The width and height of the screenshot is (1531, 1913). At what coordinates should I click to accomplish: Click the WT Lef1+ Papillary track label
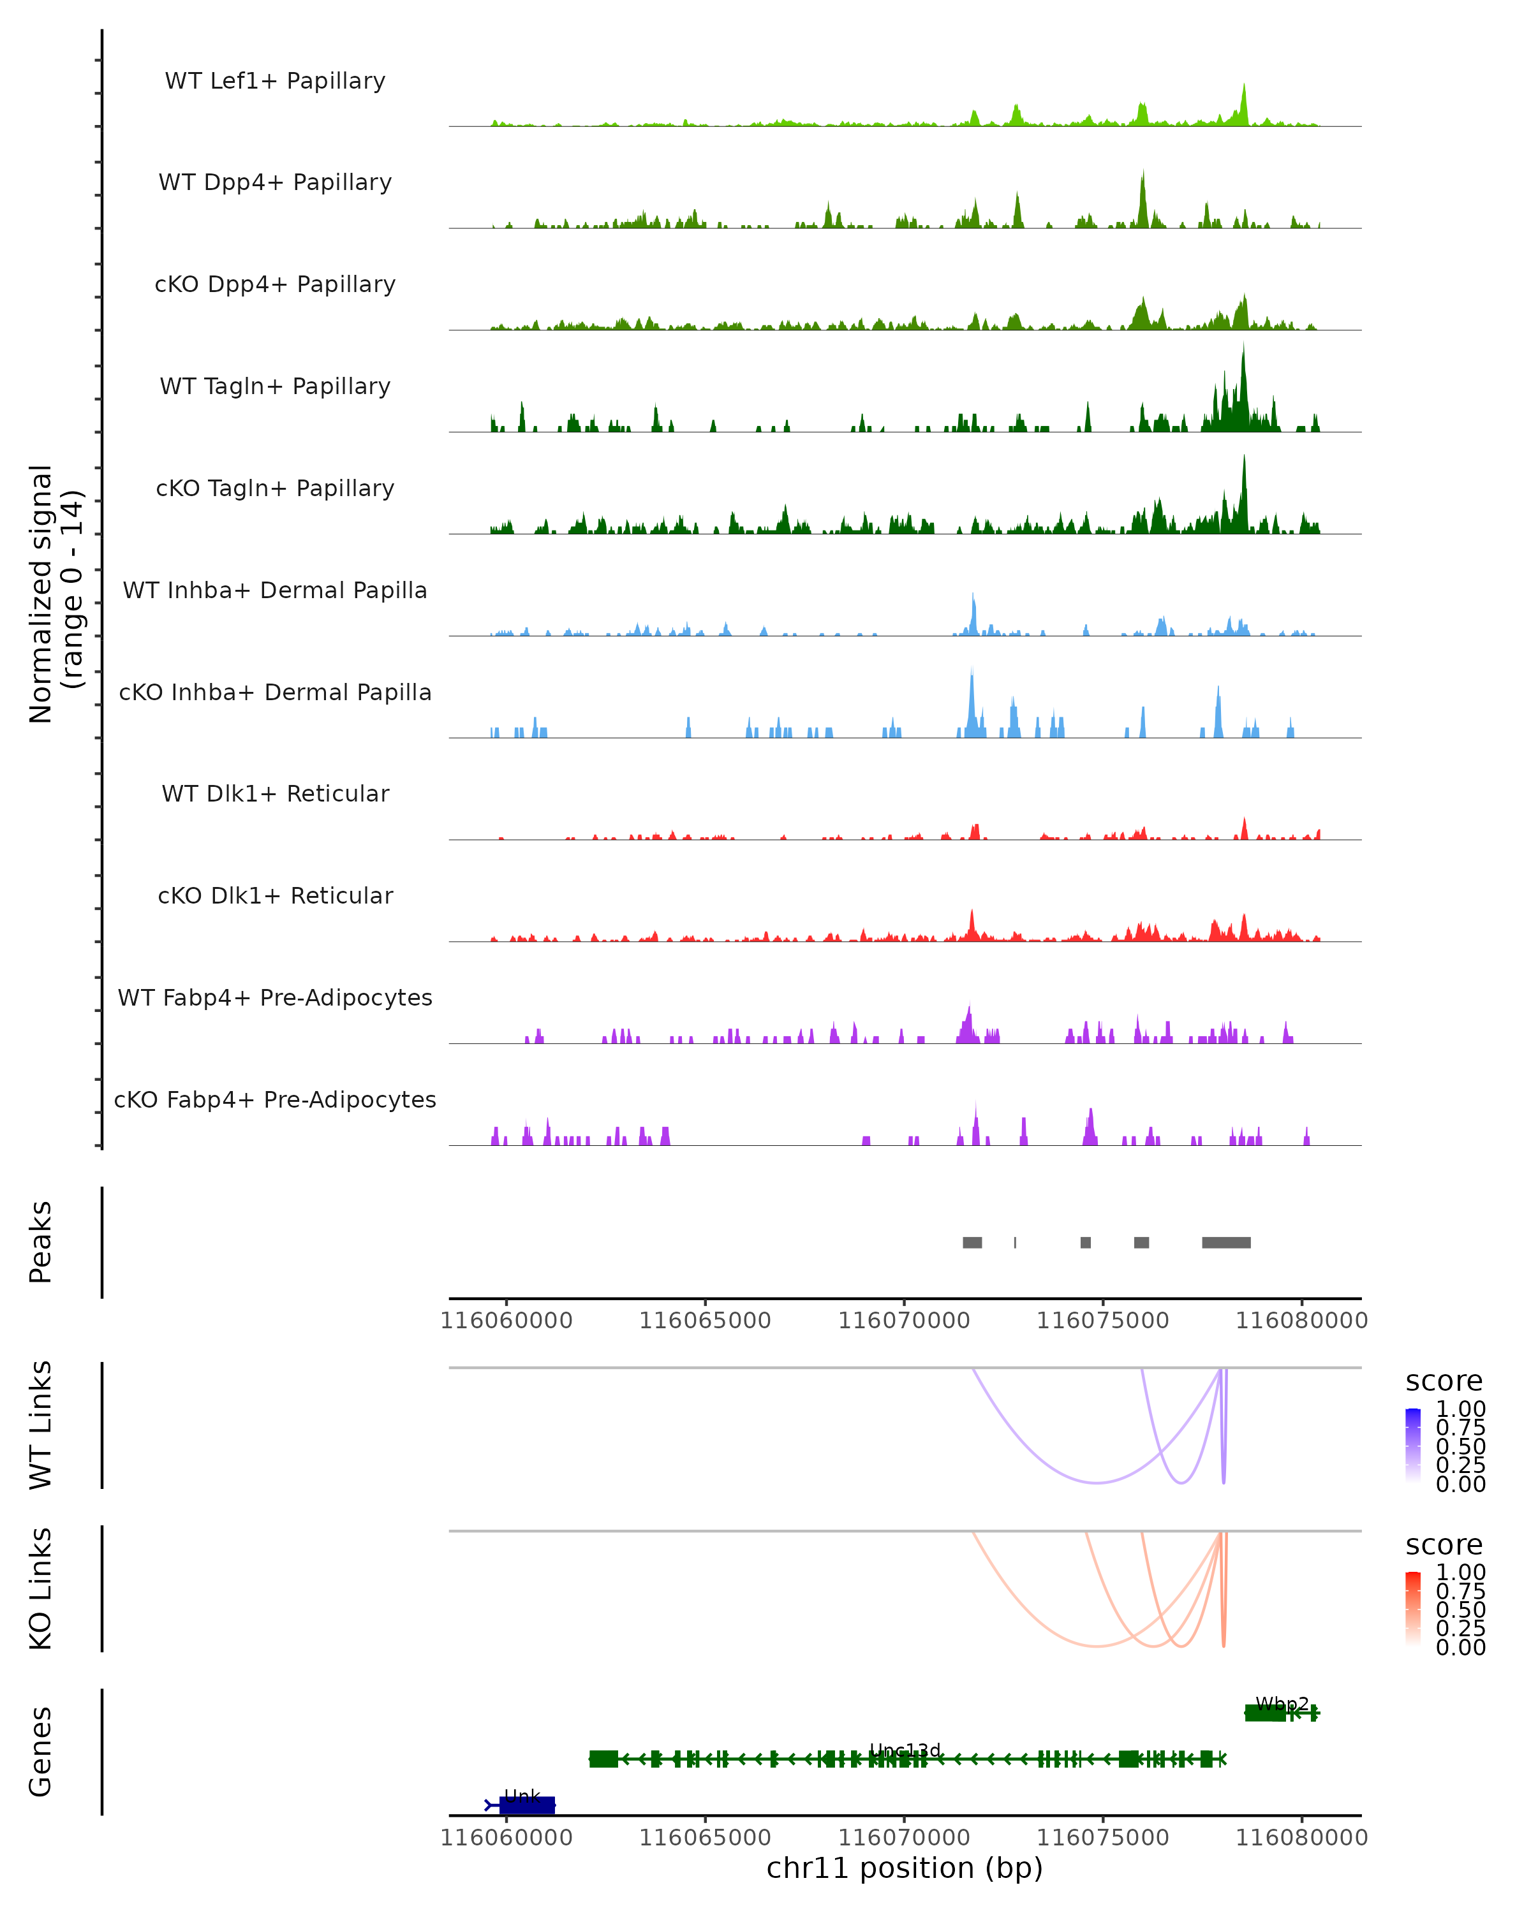pyautogui.click(x=275, y=81)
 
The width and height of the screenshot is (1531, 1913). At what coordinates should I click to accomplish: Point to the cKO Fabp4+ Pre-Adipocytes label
pyautogui.click(x=275, y=1099)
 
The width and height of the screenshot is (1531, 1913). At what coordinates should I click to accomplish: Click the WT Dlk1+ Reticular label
pyautogui.click(x=275, y=793)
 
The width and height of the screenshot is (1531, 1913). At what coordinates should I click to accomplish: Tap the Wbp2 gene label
pyautogui.click(x=1282, y=1704)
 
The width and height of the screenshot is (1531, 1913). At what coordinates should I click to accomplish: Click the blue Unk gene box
pyautogui.click(x=527, y=1805)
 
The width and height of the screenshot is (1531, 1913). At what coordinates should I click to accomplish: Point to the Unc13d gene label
pyautogui.click(x=905, y=1750)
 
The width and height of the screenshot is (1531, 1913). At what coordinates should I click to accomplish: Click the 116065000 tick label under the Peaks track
pyautogui.click(x=705, y=1321)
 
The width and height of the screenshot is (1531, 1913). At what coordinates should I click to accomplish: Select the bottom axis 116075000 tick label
pyautogui.click(x=1102, y=1838)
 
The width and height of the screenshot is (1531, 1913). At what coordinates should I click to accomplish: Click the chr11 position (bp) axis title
pyautogui.click(x=905, y=1868)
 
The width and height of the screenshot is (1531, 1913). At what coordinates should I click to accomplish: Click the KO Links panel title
pyautogui.click(x=41, y=1589)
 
